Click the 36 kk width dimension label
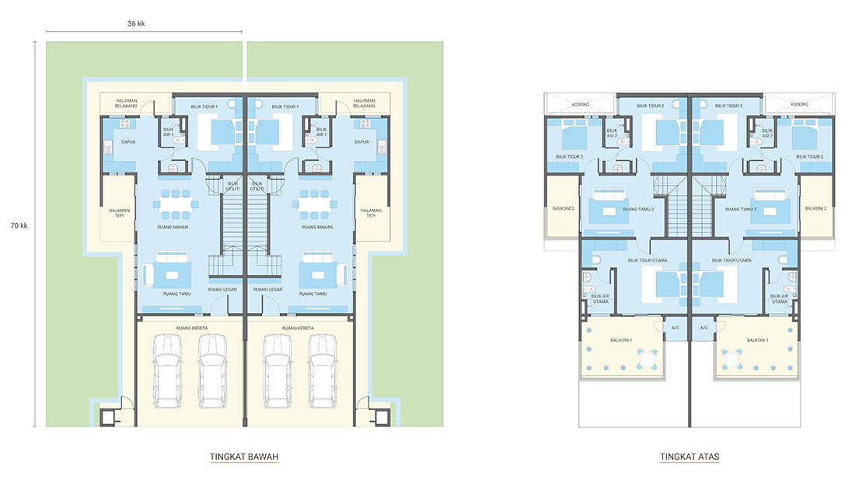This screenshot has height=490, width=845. pyautogui.click(x=136, y=24)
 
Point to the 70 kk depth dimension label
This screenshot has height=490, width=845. pyautogui.click(x=19, y=226)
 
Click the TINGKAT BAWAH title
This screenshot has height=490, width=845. pyautogui.click(x=244, y=457)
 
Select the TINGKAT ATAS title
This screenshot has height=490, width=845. pyautogui.click(x=690, y=457)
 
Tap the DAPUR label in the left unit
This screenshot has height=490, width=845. pyautogui.click(x=128, y=142)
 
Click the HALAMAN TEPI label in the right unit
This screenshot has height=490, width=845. pyautogui.click(x=371, y=214)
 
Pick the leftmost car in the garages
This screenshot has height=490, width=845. pyautogui.click(x=167, y=371)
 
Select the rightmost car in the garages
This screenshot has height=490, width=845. pyautogui.click(x=323, y=371)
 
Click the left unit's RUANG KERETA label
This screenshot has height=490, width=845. pyautogui.click(x=192, y=328)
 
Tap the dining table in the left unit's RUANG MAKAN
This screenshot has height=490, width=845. pyautogui.click(x=175, y=204)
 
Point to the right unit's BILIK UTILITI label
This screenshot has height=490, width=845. pyautogui.click(x=257, y=186)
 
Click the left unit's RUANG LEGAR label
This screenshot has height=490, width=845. pyautogui.click(x=222, y=290)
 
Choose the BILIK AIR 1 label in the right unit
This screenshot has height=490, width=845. pyautogui.click(x=321, y=132)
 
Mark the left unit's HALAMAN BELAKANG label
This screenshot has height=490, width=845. pyautogui.click(x=126, y=103)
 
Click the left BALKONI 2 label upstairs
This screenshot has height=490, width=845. pyautogui.click(x=563, y=208)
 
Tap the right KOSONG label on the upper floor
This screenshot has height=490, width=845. pyautogui.click(x=800, y=105)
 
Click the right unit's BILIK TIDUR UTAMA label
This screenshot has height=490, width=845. pyautogui.click(x=732, y=261)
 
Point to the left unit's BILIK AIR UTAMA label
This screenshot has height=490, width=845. pyautogui.click(x=600, y=299)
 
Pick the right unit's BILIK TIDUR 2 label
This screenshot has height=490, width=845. pyautogui.click(x=809, y=157)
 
